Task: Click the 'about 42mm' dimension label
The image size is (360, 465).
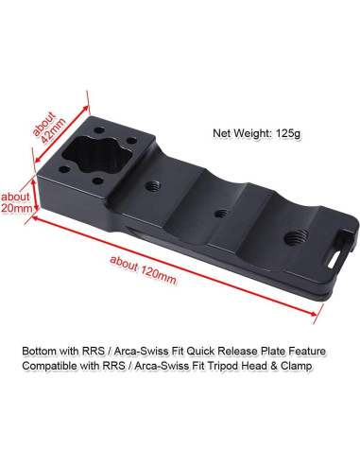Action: tap(49, 128)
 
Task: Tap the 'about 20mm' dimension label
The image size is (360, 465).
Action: tap(16, 202)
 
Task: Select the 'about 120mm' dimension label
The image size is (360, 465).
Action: tap(143, 270)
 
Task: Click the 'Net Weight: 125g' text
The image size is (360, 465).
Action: tap(257, 133)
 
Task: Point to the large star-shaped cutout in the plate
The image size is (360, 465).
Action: tap(97, 156)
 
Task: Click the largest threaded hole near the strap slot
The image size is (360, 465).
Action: tap(296, 237)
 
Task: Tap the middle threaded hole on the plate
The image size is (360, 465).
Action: tap(221, 214)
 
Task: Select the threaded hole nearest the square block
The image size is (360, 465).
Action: tap(153, 186)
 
